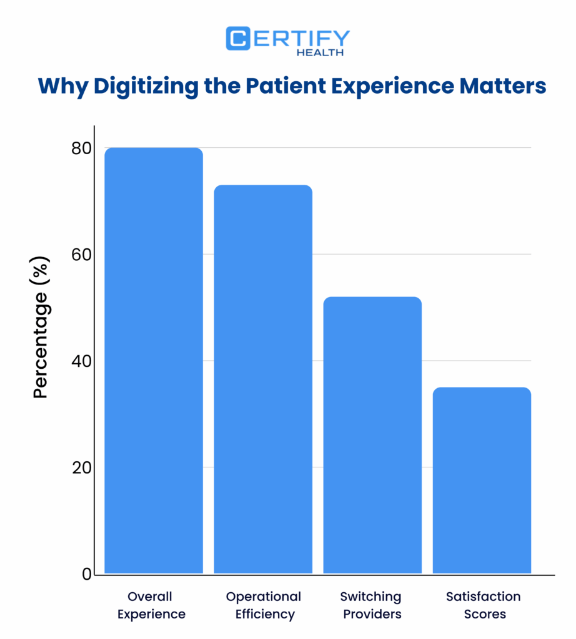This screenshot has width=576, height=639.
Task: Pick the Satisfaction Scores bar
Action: coord(482,480)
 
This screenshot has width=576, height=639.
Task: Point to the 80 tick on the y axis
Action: coord(81,149)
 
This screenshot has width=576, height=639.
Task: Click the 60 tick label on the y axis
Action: coord(81,255)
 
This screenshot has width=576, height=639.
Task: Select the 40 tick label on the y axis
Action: coord(81,361)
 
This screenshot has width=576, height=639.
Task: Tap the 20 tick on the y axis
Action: coord(81,467)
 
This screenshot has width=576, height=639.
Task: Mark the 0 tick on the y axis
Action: coord(87,574)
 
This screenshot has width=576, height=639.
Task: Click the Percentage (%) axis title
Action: coord(41,328)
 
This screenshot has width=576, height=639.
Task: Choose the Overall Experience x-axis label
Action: coord(151,605)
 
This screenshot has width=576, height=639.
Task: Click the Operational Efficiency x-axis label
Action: coord(264,605)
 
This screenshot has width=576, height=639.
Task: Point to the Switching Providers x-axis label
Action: coord(371,605)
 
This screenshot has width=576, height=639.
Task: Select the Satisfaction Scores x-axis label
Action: coord(484,605)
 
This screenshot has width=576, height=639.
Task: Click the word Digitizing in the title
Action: coord(146,85)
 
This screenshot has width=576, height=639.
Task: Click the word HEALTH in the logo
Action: coord(320,53)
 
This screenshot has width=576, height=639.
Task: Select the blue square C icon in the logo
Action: coord(238,39)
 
